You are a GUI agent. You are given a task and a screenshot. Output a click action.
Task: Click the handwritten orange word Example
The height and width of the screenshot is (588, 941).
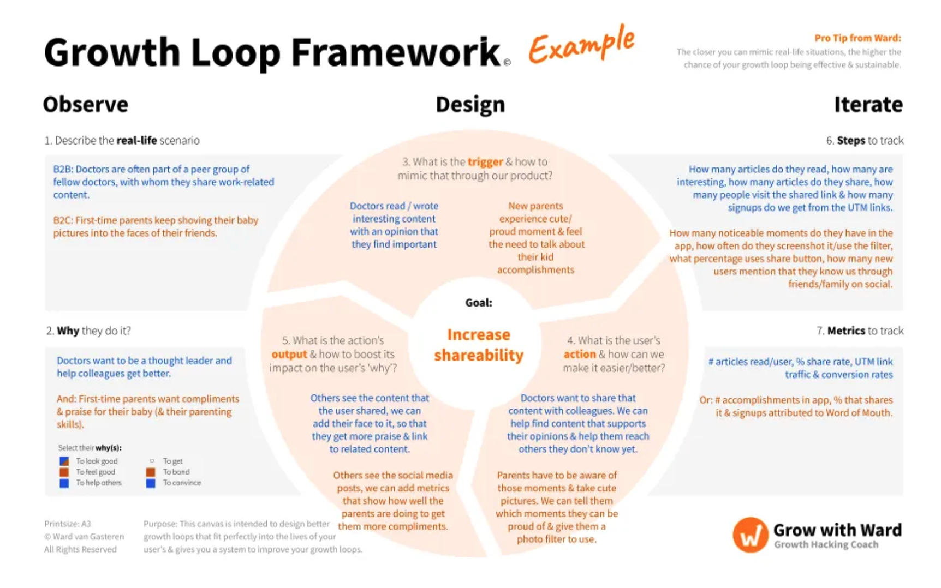(582, 44)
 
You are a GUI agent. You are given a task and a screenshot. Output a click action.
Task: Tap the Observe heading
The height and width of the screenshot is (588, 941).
(86, 104)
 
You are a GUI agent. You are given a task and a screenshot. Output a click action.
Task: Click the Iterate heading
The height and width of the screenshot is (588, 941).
(868, 104)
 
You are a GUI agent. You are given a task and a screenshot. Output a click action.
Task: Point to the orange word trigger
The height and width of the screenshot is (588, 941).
(485, 162)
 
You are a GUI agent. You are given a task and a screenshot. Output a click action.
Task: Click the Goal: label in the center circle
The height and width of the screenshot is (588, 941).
(479, 303)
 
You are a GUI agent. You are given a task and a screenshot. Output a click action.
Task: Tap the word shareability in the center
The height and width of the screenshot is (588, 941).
(479, 356)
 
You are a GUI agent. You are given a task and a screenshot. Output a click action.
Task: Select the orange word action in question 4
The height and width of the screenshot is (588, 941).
(580, 354)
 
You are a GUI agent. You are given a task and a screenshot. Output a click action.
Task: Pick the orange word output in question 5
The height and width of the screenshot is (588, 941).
(289, 355)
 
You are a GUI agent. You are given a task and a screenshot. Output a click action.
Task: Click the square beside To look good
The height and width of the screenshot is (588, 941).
(64, 461)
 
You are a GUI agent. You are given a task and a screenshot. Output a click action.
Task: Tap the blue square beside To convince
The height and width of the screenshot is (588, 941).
(151, 483)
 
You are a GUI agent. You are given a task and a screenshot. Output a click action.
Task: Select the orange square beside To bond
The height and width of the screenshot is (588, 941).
(151, 472)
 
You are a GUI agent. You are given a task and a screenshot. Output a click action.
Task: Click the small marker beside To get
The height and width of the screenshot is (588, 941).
(152, 461)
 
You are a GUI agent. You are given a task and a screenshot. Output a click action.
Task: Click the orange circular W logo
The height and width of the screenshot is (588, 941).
(751, 535)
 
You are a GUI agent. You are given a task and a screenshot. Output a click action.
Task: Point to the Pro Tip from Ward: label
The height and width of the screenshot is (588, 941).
(857, 38)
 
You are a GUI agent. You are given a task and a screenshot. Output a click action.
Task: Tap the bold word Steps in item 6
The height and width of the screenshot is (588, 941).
(851, 141)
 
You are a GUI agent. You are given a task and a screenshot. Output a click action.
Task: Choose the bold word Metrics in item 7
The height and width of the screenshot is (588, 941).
(846, 331)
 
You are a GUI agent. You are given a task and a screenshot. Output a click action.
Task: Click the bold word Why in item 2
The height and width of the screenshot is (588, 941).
(68, 331)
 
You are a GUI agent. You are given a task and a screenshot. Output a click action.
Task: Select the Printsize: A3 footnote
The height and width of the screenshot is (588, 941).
(68, 524)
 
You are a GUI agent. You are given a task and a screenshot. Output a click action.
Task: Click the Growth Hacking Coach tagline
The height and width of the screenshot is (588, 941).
(826, 544)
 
